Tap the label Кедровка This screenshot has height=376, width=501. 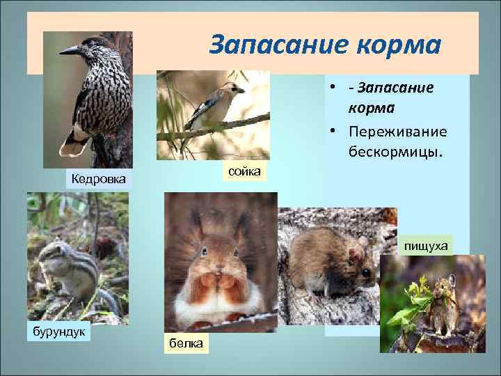coord(99,180)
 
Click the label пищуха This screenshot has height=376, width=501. coord(427,245)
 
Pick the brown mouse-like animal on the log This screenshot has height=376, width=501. coord(327,261)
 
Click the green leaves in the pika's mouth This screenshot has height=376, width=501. coord(418,293)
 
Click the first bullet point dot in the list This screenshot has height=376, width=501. coord(335,88)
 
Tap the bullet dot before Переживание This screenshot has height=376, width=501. coord(335,132)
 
